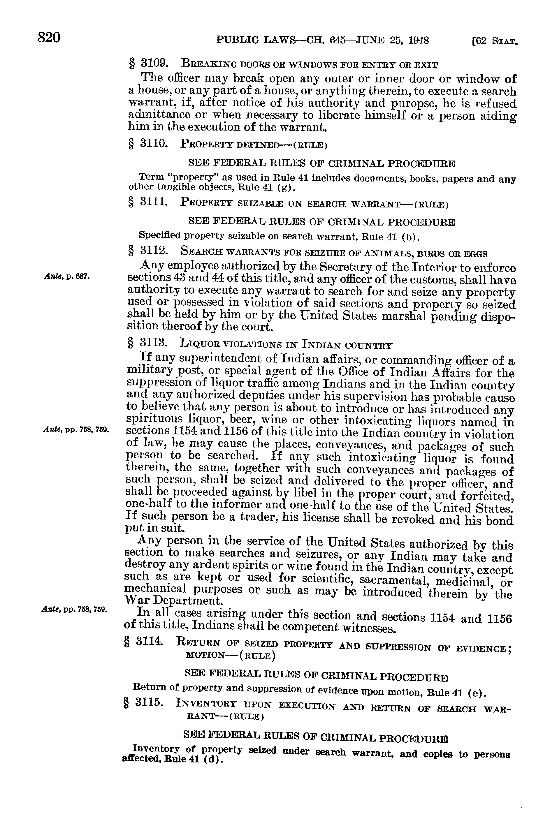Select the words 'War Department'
[173, 600]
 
